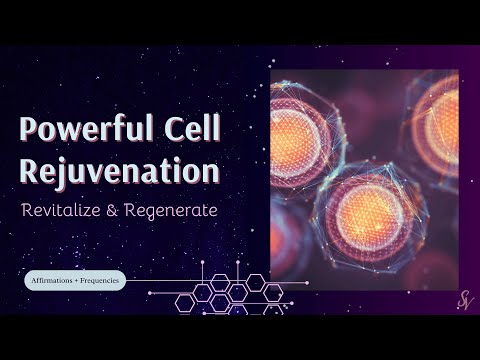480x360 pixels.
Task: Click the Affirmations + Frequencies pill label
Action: pyautogui.click(x=74, y=281)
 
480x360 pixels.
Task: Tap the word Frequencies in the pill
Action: pyautogui.click(x=98, y=281)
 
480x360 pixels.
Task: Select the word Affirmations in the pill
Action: pyautogui.click(x=51, y=281)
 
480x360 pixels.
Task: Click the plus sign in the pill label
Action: pyautogui.click(x=74, y=281)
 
